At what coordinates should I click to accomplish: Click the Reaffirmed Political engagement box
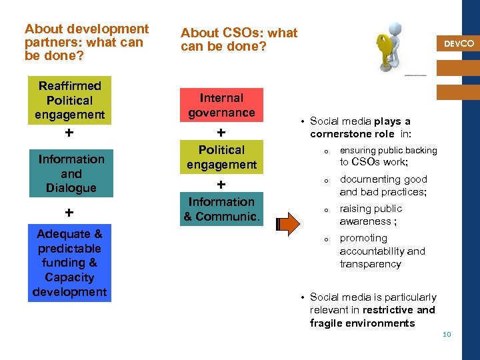click(70, 101)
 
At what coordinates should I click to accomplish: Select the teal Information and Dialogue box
click(71, 173)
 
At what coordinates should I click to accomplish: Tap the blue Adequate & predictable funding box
click(70, 263)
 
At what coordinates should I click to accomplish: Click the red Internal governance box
click(221, 105)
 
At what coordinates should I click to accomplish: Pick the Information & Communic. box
click(221, 209)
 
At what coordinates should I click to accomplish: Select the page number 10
click(447, 334)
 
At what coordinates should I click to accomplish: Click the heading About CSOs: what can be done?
click(239, 39)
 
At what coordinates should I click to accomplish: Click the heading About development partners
click(87, 41)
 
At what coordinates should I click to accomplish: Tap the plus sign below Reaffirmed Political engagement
click(69, 133)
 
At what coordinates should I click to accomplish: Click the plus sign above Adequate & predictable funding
click(69, 213)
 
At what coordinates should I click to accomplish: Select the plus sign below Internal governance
click(221, 133)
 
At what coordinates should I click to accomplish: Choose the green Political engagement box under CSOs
click(221, 157)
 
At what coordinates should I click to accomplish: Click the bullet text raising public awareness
click(371, 215)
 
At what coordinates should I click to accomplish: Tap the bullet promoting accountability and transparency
click(381, 251)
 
